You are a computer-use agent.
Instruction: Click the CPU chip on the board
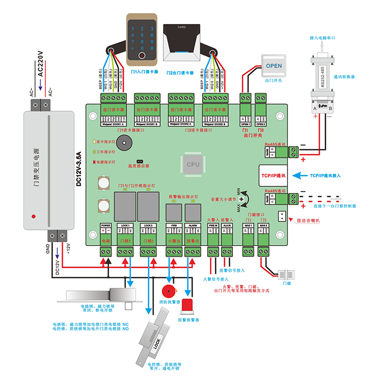tap(193, 163)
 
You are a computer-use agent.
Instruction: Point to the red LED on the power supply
tap(33, 215)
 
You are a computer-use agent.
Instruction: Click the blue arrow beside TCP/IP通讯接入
tap(299, 175)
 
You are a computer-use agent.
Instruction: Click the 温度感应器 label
tap(138, 166)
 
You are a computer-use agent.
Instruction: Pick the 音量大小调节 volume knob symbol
tap(242, 200)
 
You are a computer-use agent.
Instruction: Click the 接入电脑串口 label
tap(322, 38)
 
